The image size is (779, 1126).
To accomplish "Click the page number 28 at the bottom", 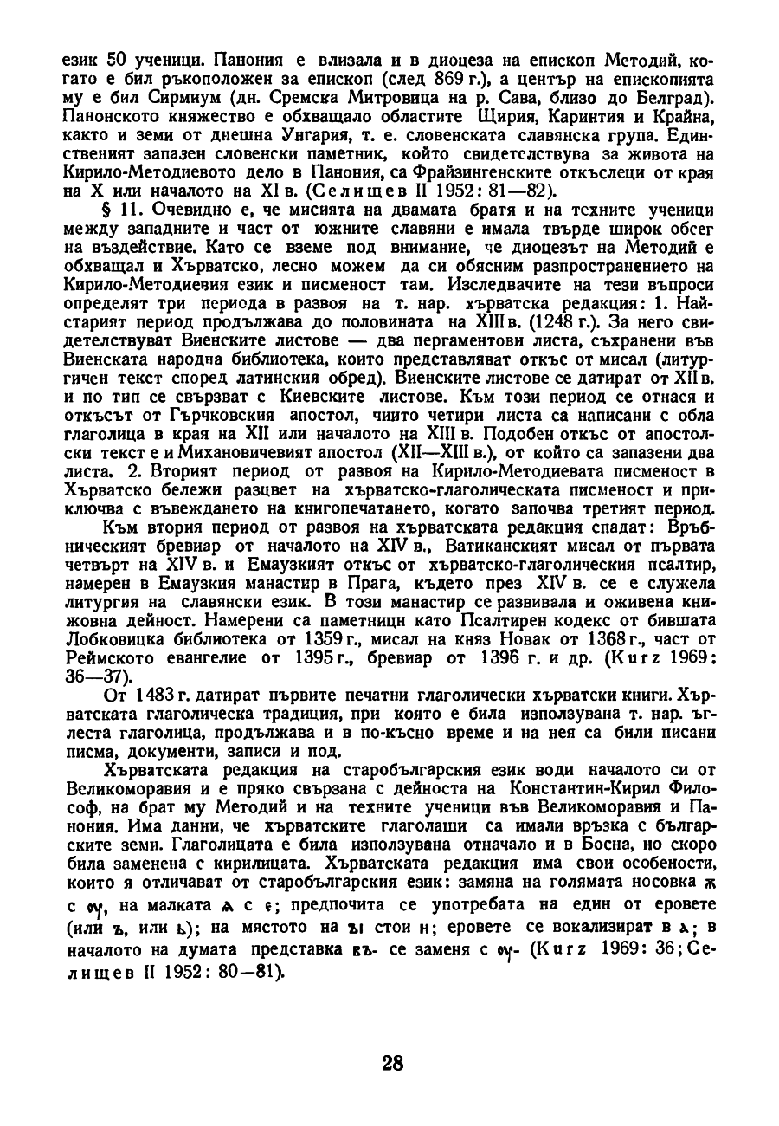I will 391,1062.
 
